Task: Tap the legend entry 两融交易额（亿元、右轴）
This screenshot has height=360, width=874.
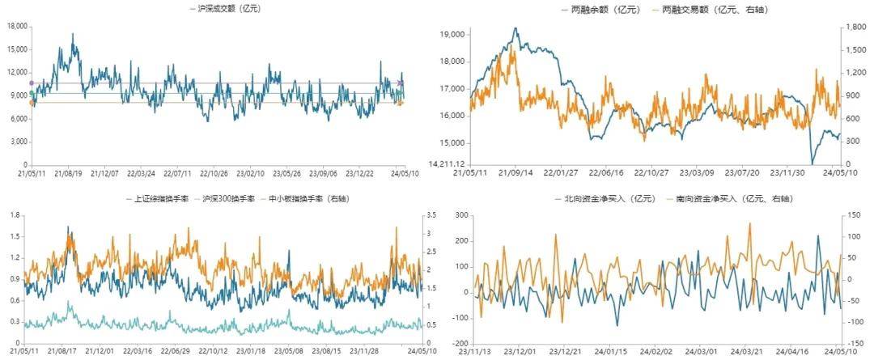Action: click(709, 10)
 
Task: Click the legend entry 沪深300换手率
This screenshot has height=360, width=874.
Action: click(230, 198)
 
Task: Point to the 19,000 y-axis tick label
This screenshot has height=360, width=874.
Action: click(452, 35)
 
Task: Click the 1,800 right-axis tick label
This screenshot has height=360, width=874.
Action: click(854, 27)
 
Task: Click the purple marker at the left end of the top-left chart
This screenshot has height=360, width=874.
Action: click(32, 83)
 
